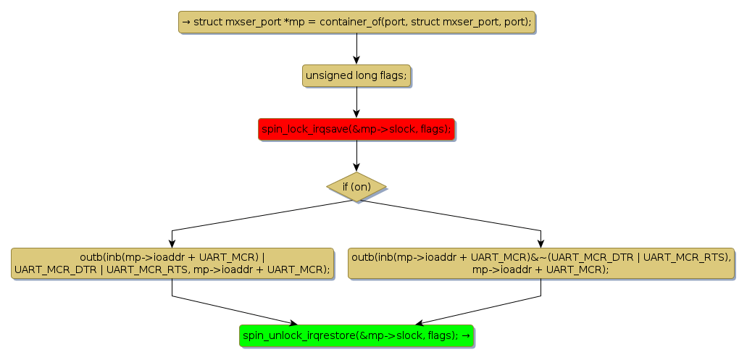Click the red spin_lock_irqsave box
tap(356, 130)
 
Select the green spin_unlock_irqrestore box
tap(356, 335)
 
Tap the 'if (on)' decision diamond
tap(356, 187)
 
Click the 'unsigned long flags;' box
tap(356, 75)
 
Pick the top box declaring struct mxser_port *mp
tap(356, 22)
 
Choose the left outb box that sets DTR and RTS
tap(172, 263)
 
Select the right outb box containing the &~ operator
tap(541, 263)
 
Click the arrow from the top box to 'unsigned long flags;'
tap(356, 49)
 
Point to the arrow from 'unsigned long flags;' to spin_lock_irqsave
tap(356, 102)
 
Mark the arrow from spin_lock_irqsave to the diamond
tap(356, 156)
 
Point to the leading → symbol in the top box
tap(186, 22)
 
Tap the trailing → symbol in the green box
tap(464, 335)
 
